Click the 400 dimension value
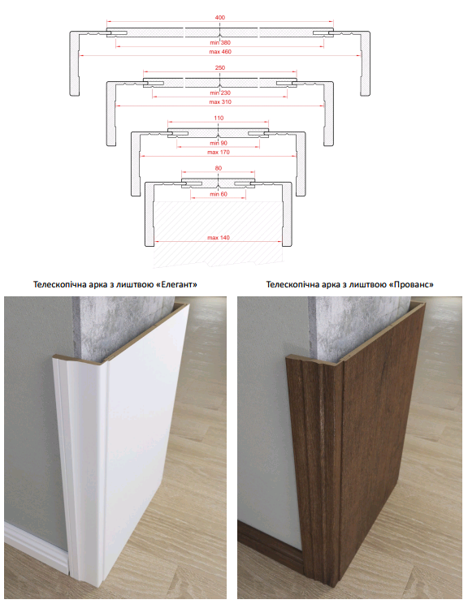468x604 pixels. pyautogui.click(x=220, y=17)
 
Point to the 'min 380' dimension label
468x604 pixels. pyautogui.click(x=220, y=42)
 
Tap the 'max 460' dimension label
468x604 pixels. pyautogui.click(x=220, y=52)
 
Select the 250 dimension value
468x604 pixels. pyautogui.click(x=220, y=68)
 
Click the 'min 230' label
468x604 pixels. pyautogui.click(x=220, y=93)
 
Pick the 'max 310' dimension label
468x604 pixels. pyautogui.click(x=220, y=102)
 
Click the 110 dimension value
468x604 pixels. pyautogui.click(x=219, y=118)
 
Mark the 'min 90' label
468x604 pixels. pyautogui.click(x=219, y=143)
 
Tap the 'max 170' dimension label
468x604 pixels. pyautogui.click(x=219, y=152)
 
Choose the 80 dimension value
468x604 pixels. pyautogui.click(x=219, y=168)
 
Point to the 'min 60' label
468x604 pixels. pyautogui.click(x=219, y=194)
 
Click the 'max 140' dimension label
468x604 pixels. pyautogui.click(x=219, y=238)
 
